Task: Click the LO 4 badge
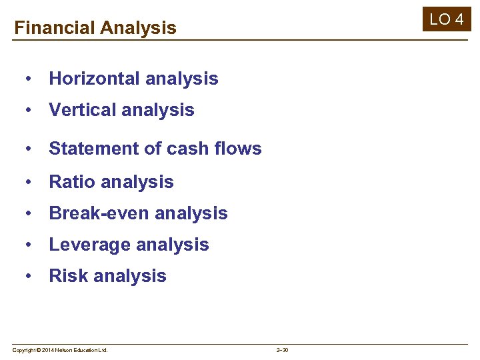pos(446,19)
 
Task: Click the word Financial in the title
pos(55,28)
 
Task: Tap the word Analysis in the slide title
pos(138,28)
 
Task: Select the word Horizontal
pos(94,79)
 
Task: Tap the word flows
pos(239,149)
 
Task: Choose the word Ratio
pos(70,182)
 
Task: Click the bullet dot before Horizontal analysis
pos(29,79)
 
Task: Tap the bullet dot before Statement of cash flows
pos(29,149)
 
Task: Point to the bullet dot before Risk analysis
pos(29,276)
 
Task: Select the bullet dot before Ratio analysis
pos(29,182)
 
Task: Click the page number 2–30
pos(282,350)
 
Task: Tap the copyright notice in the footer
pos(60,350)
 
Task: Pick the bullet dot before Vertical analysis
pos(29,110)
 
